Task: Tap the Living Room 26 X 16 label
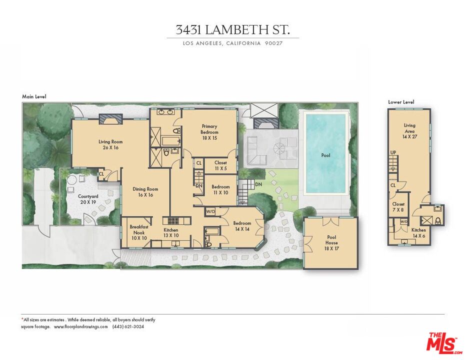[x=110, y=145]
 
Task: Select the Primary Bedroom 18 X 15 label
[x=209, y=132]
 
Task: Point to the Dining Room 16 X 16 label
[x=145, y=192]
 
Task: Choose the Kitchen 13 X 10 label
[x=171, y=232]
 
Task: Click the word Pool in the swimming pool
[x=325, y=155]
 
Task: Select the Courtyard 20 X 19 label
[x=88, y=199]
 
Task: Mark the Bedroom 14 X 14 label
[x=242, y=226]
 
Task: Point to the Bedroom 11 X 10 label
[x=220, y=189]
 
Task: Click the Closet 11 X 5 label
[x=220, y=165]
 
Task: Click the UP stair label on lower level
[x=393, y=152]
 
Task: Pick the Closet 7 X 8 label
[x=398, y=207]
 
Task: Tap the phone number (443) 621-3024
[x=128, y=326]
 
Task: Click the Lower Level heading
[x=401, y=102]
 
